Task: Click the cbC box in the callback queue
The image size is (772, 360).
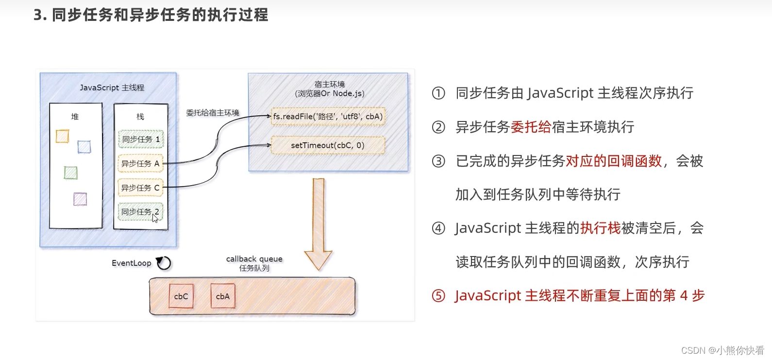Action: click(181, 296)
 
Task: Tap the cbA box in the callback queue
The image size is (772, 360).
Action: click(223, 296)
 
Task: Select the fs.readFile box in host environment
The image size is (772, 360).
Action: click(328, 117)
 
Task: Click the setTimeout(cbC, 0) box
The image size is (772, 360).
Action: click(328, 145)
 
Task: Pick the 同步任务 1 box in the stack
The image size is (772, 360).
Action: click(141, 139)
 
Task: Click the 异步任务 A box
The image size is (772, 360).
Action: click(140, 164)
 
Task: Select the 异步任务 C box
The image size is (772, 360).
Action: click(140, 188)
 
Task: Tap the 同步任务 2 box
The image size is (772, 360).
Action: click(140, 212)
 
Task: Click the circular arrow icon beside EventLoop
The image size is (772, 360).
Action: click(164, 263)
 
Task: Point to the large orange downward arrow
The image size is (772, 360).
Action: click(318, 223)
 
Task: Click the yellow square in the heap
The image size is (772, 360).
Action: click(62, 137)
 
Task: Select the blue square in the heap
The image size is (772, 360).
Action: click(84, 147)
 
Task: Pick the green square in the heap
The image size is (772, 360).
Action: click(71, 172)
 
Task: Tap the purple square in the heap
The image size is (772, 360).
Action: click(80, 199)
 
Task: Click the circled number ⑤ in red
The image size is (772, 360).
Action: click(438, 296)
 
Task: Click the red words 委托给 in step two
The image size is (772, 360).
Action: click(531, 127)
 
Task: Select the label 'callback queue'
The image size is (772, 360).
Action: click(254, 259)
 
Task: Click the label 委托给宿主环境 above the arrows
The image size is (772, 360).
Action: click(213, 113)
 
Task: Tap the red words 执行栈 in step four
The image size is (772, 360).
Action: click(600, 228)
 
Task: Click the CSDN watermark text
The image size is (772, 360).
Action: click(722, 350)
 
